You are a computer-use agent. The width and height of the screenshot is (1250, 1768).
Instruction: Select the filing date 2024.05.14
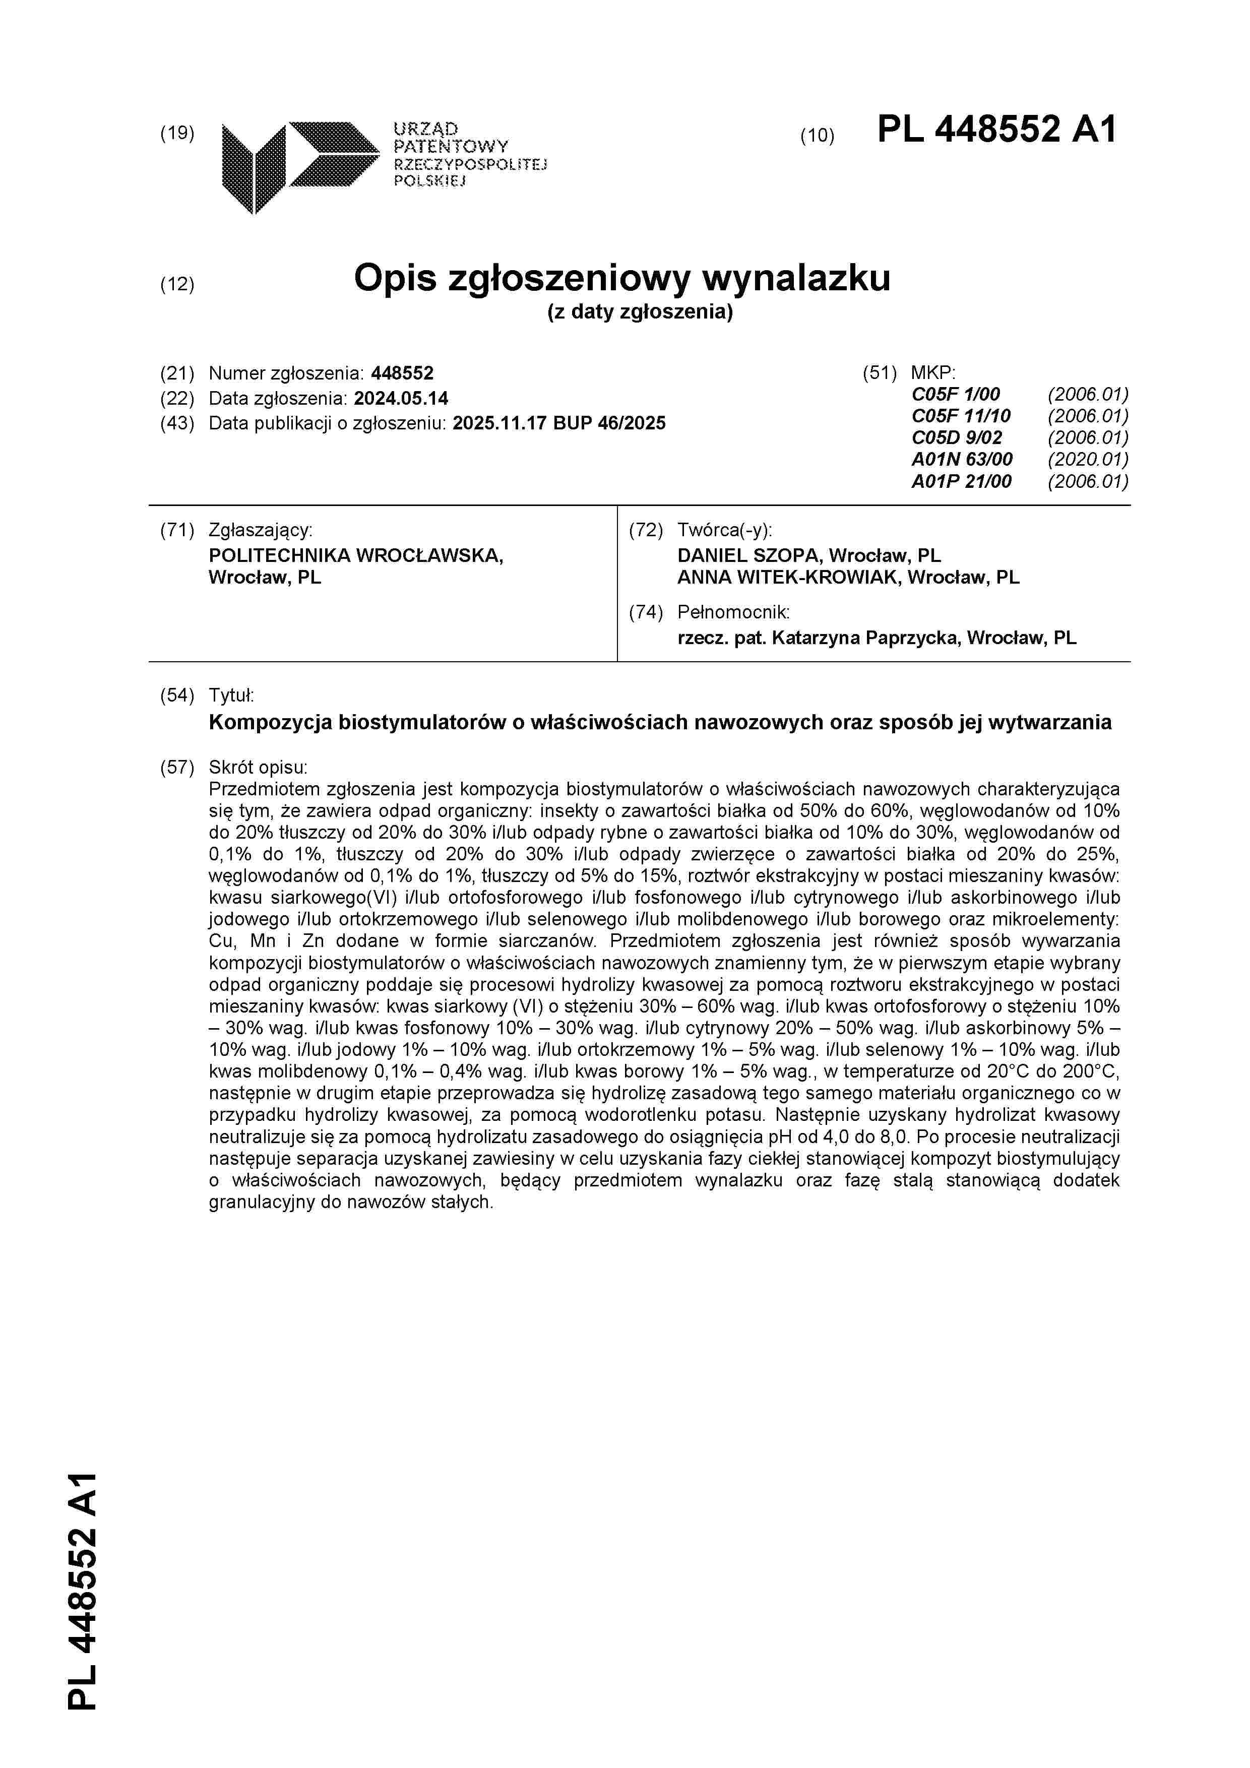pyautogui.click(x=401, y=398)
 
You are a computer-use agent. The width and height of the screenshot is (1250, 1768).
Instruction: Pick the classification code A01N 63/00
pyautogui.click(x=962, y=460)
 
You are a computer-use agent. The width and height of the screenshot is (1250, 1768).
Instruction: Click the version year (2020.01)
pyautogui.click(x=1088, y=460)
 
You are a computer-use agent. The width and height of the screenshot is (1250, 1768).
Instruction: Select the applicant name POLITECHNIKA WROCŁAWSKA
pyautogui.click(x=356, y=555)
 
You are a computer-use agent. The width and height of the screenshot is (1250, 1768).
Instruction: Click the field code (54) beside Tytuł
pyautogui.click(x=176, y=696)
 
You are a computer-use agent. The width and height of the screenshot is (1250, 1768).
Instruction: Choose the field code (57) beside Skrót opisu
pyautogui.click(x=176, y=767)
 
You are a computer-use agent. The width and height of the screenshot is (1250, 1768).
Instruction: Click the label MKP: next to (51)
pyautogui.click(x=932, y=373)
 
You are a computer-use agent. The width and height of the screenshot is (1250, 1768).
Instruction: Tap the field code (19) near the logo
pyautogui.click(x=176, y=133)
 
